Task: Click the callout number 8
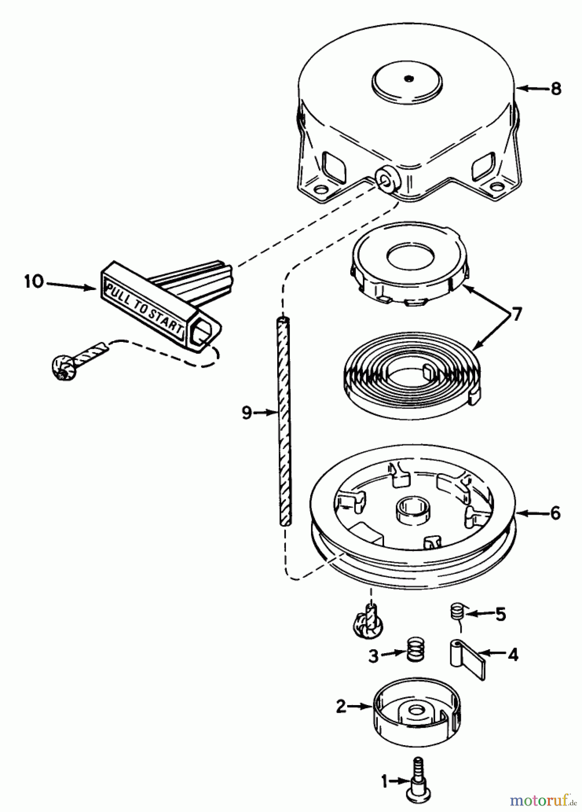pos(556,88)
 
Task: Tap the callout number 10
pos(34,282)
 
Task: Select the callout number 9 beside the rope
pos(246,412)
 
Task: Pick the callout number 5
pos(500,614)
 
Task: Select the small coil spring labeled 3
pos(415,650)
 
